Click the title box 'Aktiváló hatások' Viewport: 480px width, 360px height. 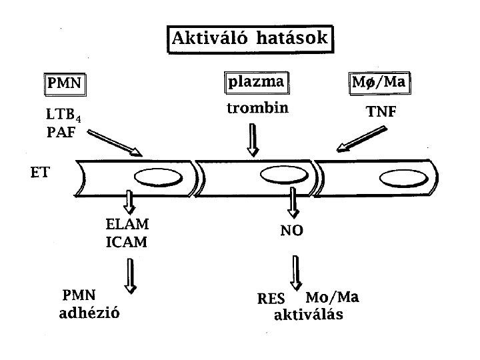point(250,39)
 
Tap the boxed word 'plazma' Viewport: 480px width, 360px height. point(256,83)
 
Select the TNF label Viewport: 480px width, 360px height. point(382,113)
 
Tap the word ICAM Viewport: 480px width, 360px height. point(127,241)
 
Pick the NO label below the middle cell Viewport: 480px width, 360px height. point(292,231)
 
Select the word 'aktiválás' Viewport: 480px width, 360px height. point(309,315)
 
